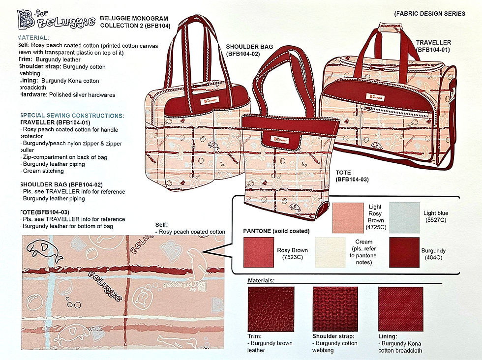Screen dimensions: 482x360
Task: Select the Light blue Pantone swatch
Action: tap(405, 217)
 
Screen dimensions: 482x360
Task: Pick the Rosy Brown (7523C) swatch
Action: tap(259, 252)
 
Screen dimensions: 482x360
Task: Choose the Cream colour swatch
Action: tap(330, 252)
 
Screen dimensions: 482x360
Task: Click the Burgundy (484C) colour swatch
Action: tap(404, 252)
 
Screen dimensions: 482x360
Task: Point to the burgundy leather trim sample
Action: tap(271, 309)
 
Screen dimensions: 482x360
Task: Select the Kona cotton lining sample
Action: tap(400, 309)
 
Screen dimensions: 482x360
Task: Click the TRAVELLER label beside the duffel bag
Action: tap(433, 46)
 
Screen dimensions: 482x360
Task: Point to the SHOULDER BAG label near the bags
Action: tap(249, 50)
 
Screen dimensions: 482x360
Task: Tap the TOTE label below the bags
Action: tap(350, 177)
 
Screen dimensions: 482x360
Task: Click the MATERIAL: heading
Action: tap(33, 38)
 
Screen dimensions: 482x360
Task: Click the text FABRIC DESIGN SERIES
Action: tap(429, 14)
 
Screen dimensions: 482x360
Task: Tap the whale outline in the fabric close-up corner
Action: tap(44, 249)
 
